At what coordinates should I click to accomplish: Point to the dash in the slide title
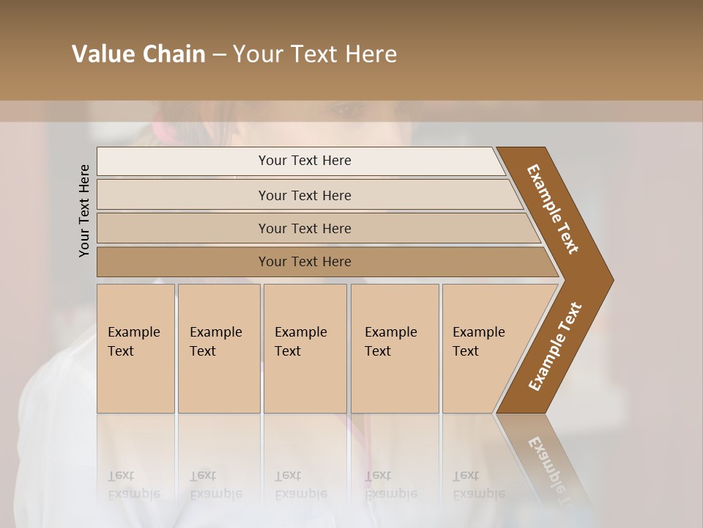click(x=219, y=55)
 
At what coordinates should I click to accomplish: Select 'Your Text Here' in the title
click(x=315, y=54)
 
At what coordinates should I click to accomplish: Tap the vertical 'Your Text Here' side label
click(x=84, y=210)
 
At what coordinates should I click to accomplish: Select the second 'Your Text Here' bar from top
click(x=304, y=195)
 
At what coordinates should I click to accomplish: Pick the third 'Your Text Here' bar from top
click(x=304, y=228)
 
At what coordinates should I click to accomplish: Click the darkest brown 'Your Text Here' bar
click(x=304, y=262)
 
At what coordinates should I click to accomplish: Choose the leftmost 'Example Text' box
click(x=135, y=348)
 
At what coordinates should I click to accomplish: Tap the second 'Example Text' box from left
click(x=219, y=348)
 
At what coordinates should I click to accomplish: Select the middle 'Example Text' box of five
click(x=305, y=348)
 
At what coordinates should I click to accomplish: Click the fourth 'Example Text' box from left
click(x=395, y=348)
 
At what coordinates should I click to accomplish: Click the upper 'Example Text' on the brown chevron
click(x=553, y=209)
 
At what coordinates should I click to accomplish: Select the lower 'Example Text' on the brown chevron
click(x=555, y=347)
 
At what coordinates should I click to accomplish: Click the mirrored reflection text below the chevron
click(x=551, y=469)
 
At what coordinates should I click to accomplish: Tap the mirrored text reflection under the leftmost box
click(x=133, y=485)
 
